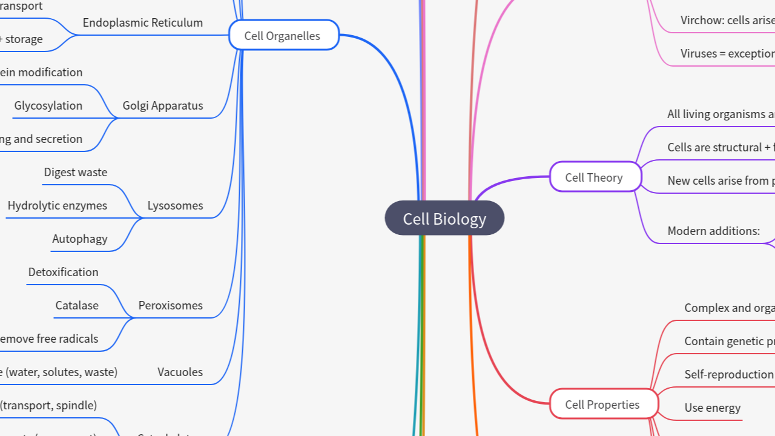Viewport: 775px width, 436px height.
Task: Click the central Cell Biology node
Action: (x=444, y=219)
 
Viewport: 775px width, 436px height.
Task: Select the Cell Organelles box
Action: (x=283, y=36)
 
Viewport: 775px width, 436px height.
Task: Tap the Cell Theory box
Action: (x=595, y=177)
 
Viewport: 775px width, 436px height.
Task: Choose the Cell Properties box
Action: (x=603, y=405)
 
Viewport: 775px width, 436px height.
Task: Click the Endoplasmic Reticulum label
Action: (x=142, y=23)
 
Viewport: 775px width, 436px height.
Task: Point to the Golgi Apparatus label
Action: (x=162, y=106)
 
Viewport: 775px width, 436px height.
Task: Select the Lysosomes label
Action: (x=175, y=206)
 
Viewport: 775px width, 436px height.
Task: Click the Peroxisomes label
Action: (x=170, y=306)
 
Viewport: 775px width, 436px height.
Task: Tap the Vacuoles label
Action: (x=180, y=372)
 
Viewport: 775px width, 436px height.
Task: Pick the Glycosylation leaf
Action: (x=48, y=106)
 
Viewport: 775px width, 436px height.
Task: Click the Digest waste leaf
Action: (x=75, y=173)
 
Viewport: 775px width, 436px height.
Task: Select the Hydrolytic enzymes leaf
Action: (x=57, y=206)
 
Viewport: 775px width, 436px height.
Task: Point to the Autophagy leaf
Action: (x=79, y=239)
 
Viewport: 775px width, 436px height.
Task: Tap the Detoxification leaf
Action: (x=63, y=272)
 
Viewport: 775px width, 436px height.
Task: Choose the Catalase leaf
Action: (x=77, y=306)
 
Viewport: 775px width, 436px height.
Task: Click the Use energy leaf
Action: (x=712, y=408)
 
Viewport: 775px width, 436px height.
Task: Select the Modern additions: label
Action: (x=713, y=231)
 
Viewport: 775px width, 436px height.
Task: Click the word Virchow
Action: (x=701, y=21)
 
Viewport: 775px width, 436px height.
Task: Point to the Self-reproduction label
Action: (x=729, y=375)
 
